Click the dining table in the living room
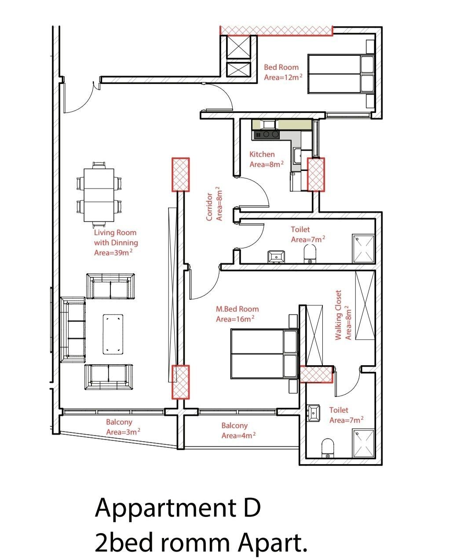[99, 195]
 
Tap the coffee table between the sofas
[113, 334]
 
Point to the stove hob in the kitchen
[267, 134]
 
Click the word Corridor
[209, 207]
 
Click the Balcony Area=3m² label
[123, 427]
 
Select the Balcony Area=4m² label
[238, 430]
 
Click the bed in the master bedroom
[264, 354]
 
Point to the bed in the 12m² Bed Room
[341, 74]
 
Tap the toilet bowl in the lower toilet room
[328, 448]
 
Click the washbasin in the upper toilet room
[276, 257]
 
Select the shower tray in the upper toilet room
[363, 249]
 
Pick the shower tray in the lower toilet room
[363, 444]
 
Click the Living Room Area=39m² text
[116, 243]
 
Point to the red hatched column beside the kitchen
[316, 175]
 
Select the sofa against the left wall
[73, 329]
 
